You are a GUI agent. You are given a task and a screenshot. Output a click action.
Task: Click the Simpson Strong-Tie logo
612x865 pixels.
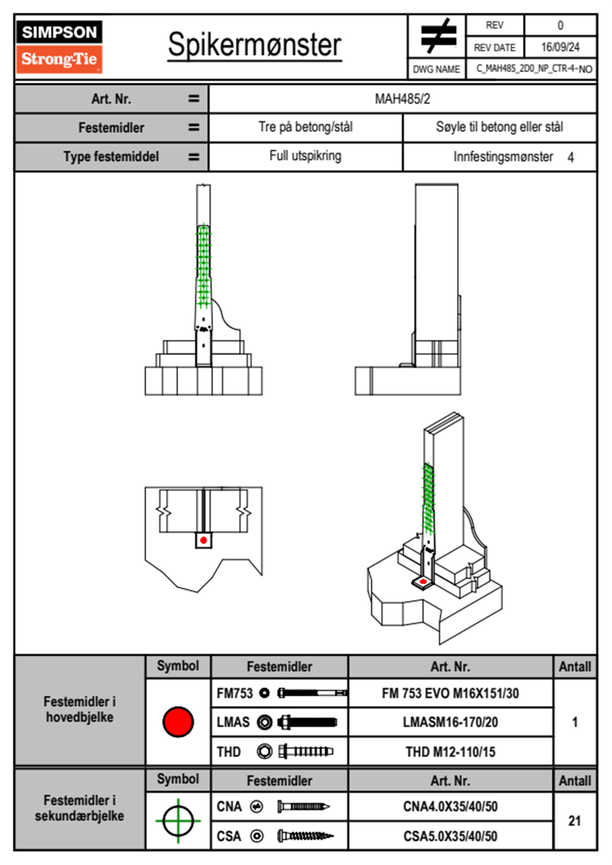coord(59,46)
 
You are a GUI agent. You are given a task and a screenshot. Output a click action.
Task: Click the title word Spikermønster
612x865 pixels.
coord(255,45)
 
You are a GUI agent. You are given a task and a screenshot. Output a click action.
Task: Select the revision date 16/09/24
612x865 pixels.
coord(560,47)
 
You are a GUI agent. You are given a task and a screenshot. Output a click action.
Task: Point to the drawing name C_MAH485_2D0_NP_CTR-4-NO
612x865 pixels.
coord(534,69)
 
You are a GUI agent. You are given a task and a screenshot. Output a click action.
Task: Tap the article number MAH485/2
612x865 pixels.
coord(402,99)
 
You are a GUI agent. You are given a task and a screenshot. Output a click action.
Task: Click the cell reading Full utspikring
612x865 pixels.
coord(305,156)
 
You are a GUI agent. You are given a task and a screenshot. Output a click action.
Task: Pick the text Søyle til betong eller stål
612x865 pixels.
coord(499,127)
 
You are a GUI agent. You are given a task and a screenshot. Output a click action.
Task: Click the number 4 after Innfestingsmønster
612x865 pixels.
coord(570,157)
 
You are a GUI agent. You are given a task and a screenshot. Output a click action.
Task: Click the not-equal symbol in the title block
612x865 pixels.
coord(437,36)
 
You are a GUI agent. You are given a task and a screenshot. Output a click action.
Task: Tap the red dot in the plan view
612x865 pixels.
coord(204,540)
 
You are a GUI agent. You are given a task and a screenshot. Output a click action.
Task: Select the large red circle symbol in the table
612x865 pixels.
coord(178,722)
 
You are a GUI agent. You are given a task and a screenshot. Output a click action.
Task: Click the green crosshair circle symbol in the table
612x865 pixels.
coord(178,821)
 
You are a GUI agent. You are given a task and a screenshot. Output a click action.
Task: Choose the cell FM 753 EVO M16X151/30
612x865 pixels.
coord(450,693)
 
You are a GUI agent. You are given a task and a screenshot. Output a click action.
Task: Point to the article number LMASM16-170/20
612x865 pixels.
coord(450,722)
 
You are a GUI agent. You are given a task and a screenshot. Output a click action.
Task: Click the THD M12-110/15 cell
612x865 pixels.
coord(450,752)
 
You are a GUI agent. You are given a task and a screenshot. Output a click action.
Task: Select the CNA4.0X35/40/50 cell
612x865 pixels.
coord(450,806)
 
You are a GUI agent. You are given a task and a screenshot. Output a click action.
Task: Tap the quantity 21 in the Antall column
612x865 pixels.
coord(574,821)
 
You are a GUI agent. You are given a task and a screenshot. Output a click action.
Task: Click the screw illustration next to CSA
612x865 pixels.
coord(305,836)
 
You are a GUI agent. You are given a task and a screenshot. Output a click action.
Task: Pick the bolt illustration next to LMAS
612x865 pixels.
coord(307,722)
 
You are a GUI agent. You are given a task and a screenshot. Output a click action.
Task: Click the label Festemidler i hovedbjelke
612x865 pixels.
coord(80,709)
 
